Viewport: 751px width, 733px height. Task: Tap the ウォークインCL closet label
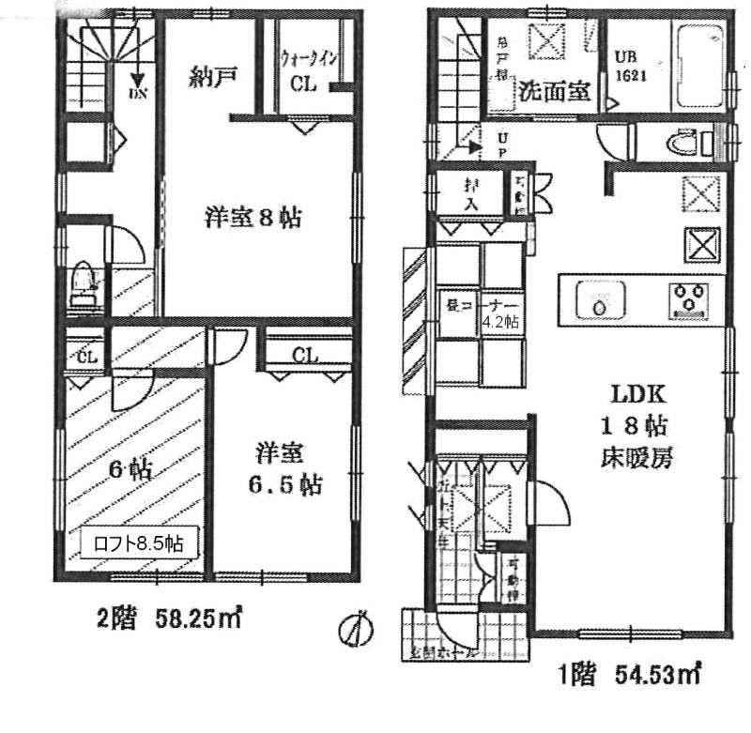306,69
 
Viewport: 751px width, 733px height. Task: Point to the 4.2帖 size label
501,321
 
